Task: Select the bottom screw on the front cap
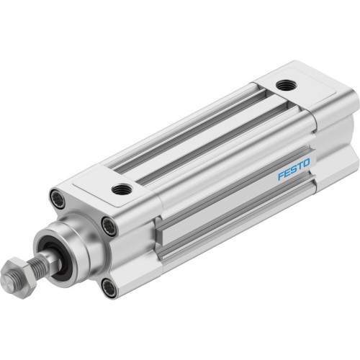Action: click(108, 289)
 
